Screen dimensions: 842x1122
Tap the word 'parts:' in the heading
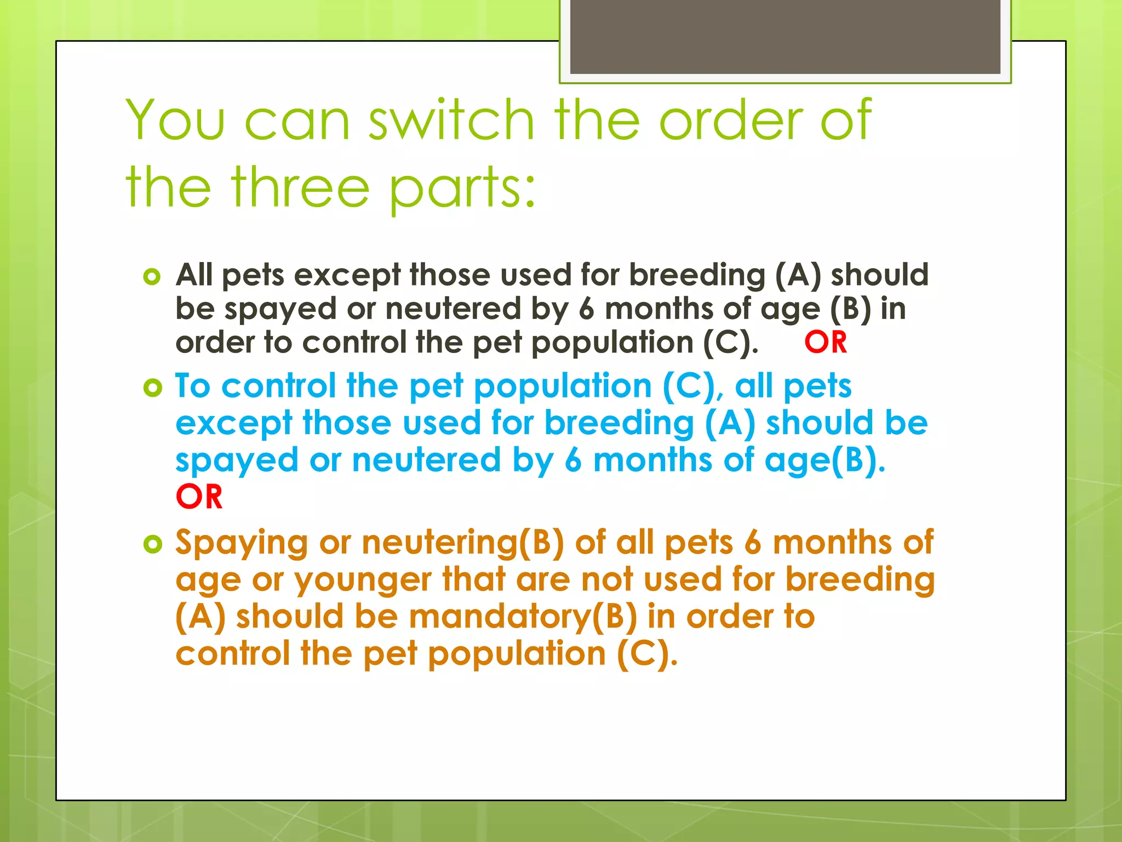[462, 189]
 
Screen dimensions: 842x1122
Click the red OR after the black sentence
[825, 343]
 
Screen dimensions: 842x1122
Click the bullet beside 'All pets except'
[152, 276]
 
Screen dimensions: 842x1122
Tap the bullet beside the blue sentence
[152, 388]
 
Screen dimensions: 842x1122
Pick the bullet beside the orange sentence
[152, 544]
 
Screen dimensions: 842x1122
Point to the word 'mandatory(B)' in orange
[523, 617]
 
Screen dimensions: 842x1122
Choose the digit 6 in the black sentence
[586, 309]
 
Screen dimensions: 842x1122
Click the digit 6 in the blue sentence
[573, 460]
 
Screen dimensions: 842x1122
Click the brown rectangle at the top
[785, 37]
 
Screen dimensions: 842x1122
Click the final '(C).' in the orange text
[647, 654]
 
